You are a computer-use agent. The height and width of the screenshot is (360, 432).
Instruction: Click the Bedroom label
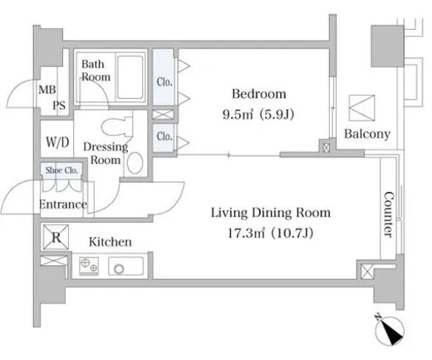point(259,94)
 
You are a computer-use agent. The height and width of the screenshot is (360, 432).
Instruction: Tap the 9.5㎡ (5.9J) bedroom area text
point(258,114)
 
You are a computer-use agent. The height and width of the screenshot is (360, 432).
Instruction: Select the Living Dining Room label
point(271,213)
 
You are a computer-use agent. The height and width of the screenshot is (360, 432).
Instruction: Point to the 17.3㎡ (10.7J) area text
point(270,233)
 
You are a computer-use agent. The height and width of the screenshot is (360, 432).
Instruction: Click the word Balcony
point(367,134)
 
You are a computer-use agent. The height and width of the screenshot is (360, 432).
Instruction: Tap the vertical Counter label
point(389,215)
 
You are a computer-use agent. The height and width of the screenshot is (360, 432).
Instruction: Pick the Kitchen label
point(110,242)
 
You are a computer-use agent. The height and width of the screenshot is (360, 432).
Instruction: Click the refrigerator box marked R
point(56,237)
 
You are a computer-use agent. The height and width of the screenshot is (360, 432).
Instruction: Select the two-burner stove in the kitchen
point(89,266)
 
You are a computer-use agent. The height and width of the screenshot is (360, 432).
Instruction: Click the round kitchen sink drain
point(120,269)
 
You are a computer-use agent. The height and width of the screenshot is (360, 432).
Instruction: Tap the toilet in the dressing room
point(117,127)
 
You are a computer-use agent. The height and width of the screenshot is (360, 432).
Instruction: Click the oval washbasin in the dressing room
point(135,163)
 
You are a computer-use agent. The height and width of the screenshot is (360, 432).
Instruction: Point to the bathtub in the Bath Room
point(130,76)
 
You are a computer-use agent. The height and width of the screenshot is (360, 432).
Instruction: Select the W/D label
point(57,142)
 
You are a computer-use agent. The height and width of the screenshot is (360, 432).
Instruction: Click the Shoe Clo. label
point(61,170)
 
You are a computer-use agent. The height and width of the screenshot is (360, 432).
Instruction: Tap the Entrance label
point(63,205)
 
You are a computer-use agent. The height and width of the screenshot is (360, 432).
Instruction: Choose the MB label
point(47,90)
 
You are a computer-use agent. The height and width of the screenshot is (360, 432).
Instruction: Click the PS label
point(59,106)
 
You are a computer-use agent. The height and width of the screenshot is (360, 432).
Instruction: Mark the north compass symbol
point(389,330)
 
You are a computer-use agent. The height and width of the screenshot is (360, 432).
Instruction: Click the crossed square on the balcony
point(361,108)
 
